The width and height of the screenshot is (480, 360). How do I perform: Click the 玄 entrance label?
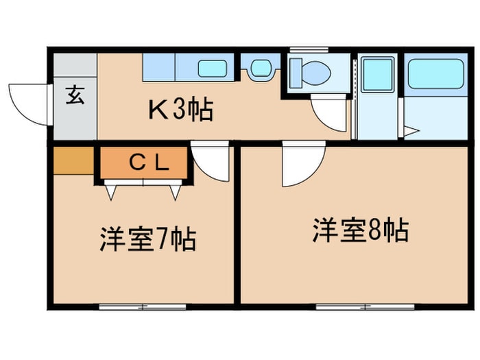click(x=75, y=95)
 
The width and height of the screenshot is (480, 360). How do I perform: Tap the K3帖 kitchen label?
click(x=180, y=110)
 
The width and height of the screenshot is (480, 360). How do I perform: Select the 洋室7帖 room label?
click(x=148, y=240)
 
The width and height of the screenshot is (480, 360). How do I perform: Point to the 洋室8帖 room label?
click(x=360, y=230)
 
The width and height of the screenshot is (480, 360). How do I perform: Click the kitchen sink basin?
click(x=213, y=69)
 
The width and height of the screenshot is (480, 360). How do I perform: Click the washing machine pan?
click(x=377, y=75)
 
